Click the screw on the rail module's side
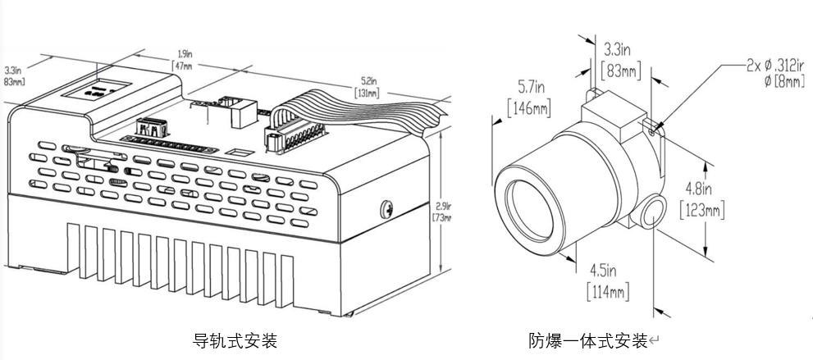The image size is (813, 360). (386, 208)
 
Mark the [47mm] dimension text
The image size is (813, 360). (184, 66)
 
